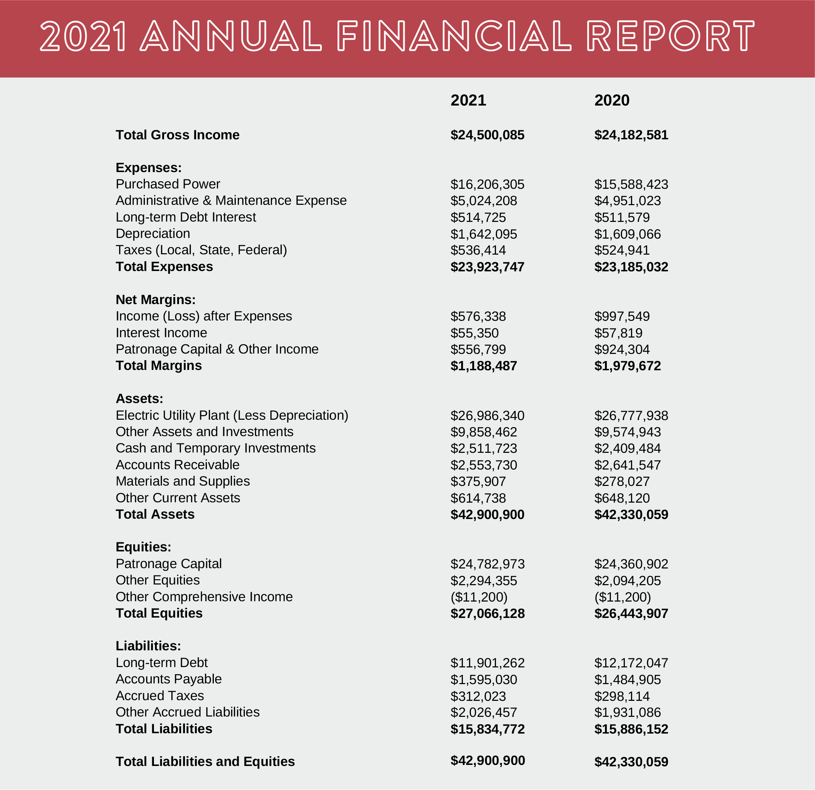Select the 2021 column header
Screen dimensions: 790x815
pos(468,100)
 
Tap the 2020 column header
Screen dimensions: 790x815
pos(612,100)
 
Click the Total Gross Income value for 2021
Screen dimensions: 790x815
pos(487,135)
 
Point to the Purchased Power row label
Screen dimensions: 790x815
pos(168,184)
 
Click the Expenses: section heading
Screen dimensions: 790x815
pos(148,168)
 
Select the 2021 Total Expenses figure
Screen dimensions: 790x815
pos(487,267)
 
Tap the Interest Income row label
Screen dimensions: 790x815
pos(161,333)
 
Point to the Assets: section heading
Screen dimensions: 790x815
pos(139,398)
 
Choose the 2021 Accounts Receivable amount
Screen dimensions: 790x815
pos(483,465)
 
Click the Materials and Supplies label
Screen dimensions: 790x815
pos(183,481)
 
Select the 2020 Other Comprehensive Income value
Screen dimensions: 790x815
pos(622,597)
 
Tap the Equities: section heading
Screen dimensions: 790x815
pos(143,547)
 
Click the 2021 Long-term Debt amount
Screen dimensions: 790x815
pos(487,663)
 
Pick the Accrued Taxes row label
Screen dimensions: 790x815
pos(160,696)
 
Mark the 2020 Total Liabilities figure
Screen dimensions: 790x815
pos(631,729)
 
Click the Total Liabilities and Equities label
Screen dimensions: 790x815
pos(205,761)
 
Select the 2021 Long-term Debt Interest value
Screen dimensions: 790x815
pos(478,217)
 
